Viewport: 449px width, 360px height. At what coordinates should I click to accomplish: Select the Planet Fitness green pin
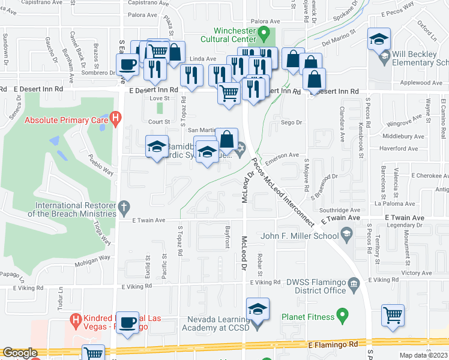tap(342, 314)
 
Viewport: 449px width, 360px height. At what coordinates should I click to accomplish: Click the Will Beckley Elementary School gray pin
tap(384, 56)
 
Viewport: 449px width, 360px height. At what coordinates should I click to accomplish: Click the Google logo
tap(20, 353)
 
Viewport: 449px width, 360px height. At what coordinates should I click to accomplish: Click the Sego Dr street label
tap(291, 123)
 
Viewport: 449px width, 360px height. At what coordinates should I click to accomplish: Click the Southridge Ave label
tap(340, 211)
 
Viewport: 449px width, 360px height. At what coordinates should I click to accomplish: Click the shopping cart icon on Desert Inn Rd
tap(229, 93)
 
